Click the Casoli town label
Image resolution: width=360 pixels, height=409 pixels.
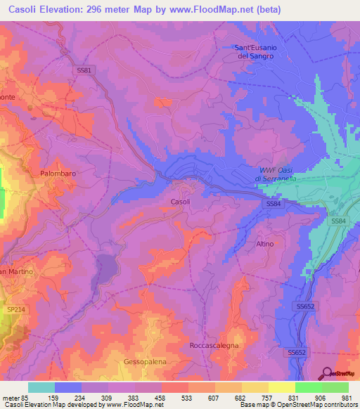click(180, 202)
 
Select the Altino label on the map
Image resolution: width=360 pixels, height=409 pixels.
click(264, 242)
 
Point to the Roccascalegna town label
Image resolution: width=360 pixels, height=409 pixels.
click(214, 346)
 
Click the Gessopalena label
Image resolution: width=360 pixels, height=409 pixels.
click(145, 361)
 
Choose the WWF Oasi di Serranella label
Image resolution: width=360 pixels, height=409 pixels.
click(276, 174)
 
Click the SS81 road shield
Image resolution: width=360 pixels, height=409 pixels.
click(83, 70)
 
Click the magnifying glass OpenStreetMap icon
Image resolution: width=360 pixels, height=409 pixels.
click(328, 374)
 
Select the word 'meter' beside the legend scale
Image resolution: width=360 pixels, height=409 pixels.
click(9, 397)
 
